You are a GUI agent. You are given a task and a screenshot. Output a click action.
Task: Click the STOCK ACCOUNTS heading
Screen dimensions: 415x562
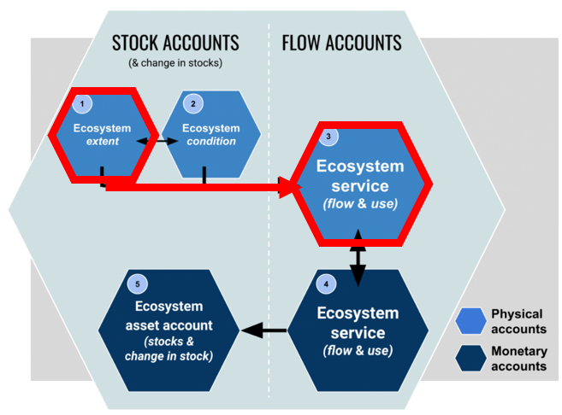click(175, 42)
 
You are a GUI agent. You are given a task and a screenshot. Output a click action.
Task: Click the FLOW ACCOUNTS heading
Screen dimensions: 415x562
click(341, 42)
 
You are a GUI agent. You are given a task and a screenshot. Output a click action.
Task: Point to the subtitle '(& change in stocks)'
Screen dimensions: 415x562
click(175, 62)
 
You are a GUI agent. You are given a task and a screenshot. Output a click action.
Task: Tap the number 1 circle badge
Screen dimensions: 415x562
click(82, 103)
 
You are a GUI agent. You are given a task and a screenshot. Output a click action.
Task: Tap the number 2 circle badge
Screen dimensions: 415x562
click(193, 103)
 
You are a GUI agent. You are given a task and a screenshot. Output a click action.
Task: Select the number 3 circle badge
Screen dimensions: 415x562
click(328, 137)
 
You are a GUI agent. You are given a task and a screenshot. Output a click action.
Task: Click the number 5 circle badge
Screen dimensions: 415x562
click(135, 283)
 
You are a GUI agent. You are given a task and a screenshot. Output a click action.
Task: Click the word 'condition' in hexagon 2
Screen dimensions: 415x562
click(210, 141)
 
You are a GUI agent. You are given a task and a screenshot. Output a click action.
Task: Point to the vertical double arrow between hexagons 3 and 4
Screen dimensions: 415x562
click(358, 255)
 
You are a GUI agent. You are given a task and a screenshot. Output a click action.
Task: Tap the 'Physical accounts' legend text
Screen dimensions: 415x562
click(518, 321)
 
